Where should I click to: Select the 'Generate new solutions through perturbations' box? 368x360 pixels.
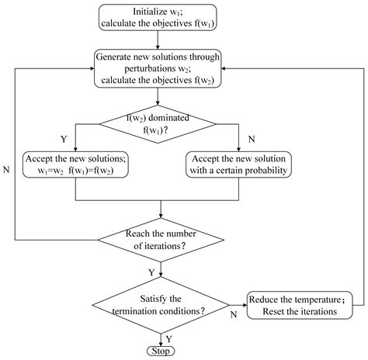158,68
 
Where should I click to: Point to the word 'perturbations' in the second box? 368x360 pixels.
141,68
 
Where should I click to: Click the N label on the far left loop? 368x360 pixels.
8,166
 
